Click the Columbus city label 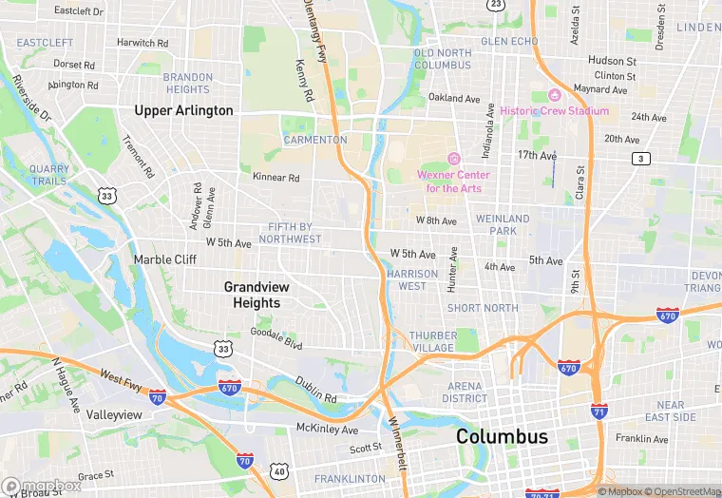(x=502, y=437)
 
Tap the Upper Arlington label (x=183, y=110)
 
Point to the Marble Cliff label (x=165, y=259)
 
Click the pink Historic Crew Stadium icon (x=554, y=96)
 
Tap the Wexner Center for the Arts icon (x=453, y=159)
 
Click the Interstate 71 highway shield (x=598, y=412)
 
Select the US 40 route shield (x=278, y=470)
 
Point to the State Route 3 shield (x=643, y=159)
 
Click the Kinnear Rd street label (x=275, y=178)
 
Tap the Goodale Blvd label (x=275, y=333)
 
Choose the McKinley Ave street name (x=327, y=429)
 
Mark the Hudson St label (x=612, y=61)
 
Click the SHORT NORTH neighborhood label (x=483, y=308)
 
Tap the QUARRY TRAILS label (x=48, y=175)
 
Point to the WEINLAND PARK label (x=503, y=225)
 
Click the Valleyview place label (x=114, y=415)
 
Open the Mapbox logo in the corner (x=42, y=486)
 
